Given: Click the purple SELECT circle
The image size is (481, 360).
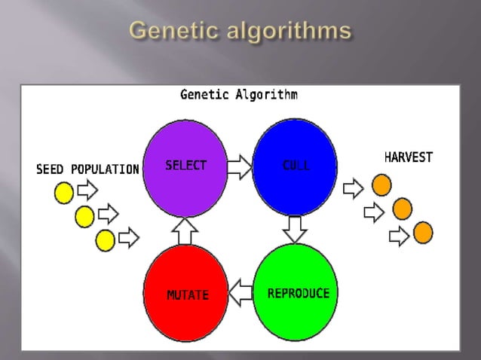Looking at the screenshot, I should pyautogui.click(x=185, y=169).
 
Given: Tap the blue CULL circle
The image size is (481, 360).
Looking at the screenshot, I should pyautogui.click(x=295, y=166).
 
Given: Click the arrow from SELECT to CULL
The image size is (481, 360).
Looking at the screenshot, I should pyautogui.click(x=240, y=167).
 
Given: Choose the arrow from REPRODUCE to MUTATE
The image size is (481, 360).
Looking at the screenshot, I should pyautogui.click(x=240, y=293).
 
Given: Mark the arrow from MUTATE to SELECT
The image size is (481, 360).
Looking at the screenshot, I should pyautogui.click(x=185, y=230).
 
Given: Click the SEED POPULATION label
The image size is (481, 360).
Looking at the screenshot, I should pyautogui.click(x=87, y=169).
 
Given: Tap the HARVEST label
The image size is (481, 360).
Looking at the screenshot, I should pyautogui.click(x=409, y=158).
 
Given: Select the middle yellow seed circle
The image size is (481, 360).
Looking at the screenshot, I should pyautogui.click(x=84, y=217).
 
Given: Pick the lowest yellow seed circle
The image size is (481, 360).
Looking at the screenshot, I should pyautogui.click(x=106, y=240).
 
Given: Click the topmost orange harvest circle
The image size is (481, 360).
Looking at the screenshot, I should pyautogui.click(x=382, y=184).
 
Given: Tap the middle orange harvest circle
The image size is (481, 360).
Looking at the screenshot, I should pyautogui.click(x=403, y=209).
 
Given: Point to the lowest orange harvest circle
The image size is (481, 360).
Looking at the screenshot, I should pyautogui.click(x=423, y=233).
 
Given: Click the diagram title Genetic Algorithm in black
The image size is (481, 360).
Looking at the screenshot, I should pyautogui.click(x=238, y=95).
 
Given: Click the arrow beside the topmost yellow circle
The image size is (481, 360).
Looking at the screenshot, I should pyautogui.click(x=87, y=191).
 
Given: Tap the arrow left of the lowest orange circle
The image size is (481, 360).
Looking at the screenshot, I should pyautogui.click(x=398, y=237).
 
